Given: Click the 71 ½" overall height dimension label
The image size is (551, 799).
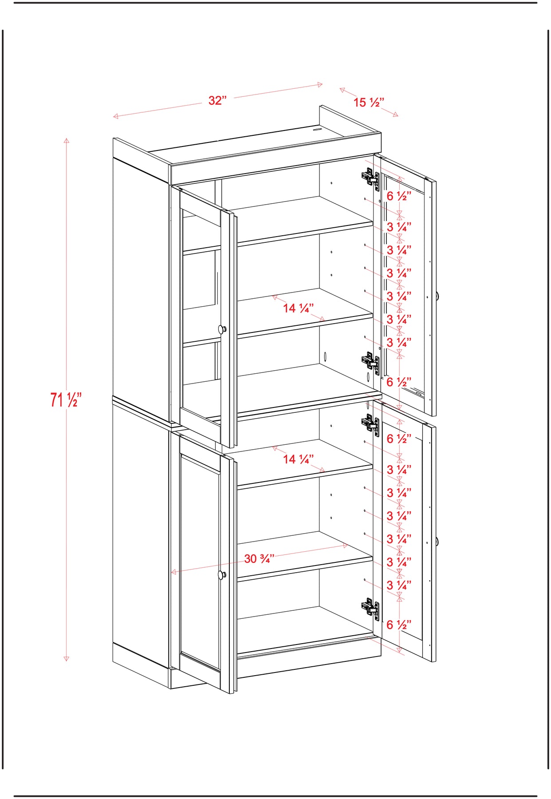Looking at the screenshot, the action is point(66,399).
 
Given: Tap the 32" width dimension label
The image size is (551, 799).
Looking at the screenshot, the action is point(217,100).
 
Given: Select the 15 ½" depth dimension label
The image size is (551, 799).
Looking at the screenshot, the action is point(369,103).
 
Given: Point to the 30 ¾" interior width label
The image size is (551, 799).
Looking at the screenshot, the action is point(260,558).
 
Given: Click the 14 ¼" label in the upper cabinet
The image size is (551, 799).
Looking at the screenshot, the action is point(299,308).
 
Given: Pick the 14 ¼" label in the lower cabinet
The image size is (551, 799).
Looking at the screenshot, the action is point(299,459).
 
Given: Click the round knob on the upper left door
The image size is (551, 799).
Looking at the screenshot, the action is point(222,329).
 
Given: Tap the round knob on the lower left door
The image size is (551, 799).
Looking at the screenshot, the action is point(222,575).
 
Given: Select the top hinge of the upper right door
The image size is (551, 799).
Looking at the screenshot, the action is point(370,178).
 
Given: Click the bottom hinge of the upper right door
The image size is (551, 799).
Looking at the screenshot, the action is point(370,363).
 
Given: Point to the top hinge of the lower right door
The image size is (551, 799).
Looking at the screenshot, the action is point(370,424).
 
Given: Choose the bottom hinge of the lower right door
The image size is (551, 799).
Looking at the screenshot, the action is point(370,609).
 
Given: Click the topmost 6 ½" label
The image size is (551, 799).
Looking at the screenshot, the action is point(399,196).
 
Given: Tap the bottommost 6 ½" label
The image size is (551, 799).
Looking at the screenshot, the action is point(399,625).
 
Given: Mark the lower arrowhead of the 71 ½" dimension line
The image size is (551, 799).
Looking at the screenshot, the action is point(66,658).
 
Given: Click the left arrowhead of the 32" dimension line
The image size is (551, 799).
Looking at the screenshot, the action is point(115,116).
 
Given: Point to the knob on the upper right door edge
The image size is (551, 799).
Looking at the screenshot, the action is point(437,296).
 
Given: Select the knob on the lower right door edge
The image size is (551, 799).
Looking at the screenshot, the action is point(437,542).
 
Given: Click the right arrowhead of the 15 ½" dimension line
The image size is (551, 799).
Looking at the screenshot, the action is point(396,115).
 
